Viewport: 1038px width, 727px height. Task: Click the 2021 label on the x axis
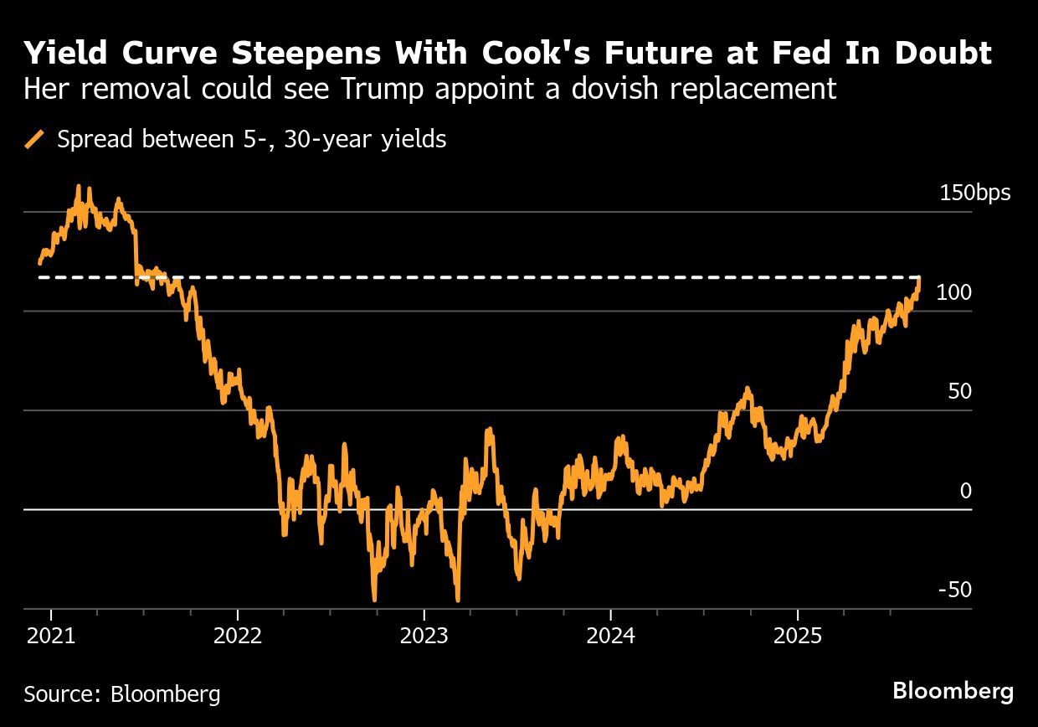tap(51, 635)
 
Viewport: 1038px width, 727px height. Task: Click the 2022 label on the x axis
tap(238, 635)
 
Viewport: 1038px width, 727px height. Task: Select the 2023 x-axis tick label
tap(424, 635)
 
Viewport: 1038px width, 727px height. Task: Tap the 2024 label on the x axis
tap(611, 635)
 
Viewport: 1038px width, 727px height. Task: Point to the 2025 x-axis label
tap(798, 635)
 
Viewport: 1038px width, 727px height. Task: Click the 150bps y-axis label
tap(975, 193)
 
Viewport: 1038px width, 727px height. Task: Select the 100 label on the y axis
tap(955, 293)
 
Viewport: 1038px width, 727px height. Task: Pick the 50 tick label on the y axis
tap(960, 392)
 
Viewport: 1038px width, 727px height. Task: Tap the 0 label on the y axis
tap(966, 491)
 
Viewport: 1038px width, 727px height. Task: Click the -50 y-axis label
tap(955, 590)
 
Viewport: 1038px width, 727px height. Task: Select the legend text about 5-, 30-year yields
tap(251, 139)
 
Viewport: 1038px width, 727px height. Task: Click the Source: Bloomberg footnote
tap(122, 693)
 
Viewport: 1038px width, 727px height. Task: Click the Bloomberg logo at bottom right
tap(953, 691)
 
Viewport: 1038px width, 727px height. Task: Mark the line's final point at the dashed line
tap(919, 278)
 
